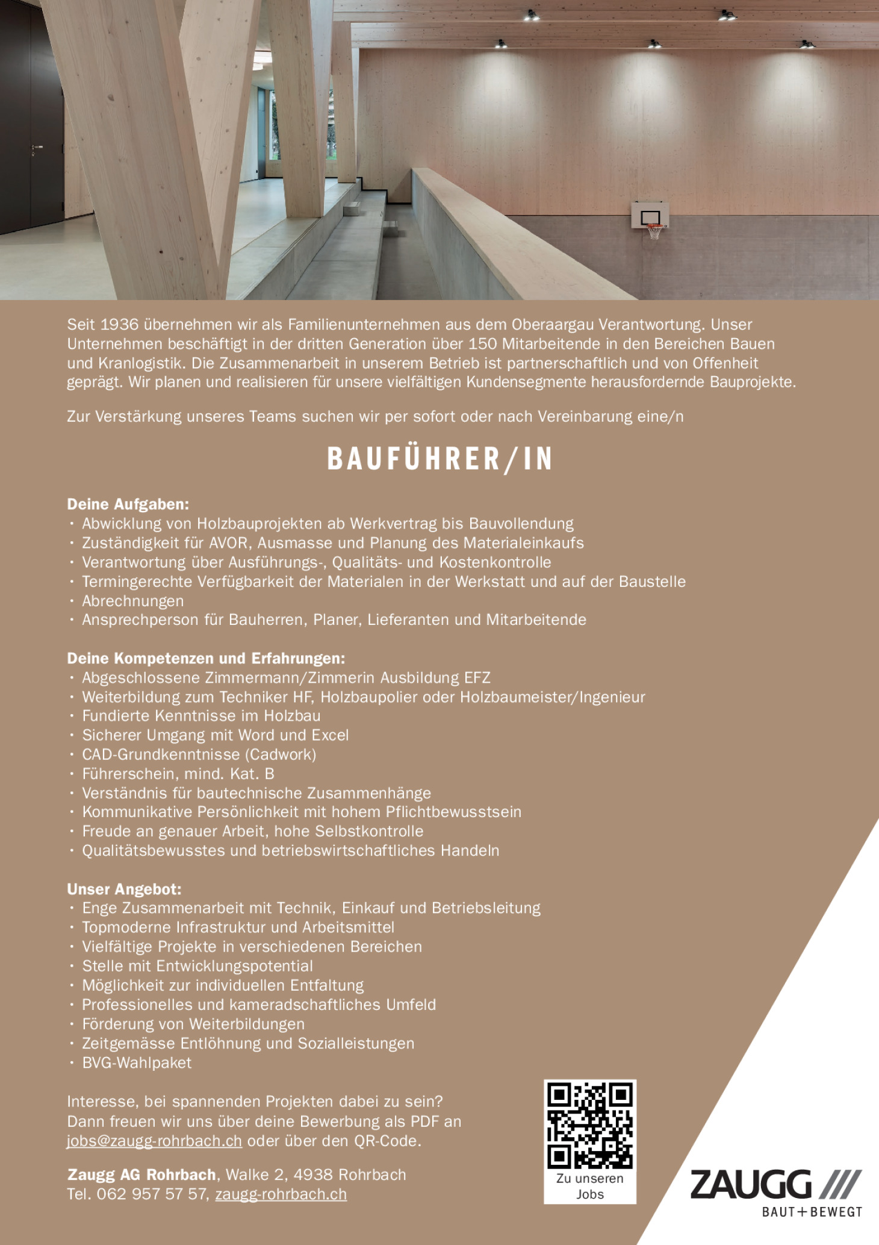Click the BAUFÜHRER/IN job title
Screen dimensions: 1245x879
click(x=440, y=459)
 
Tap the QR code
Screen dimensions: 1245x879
click(x=589, y=1126)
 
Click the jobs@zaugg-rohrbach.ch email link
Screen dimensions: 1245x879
click(x=155, y=1141)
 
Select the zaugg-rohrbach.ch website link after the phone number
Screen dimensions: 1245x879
click(x=281, y=1194)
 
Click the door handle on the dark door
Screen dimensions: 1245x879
click(x=37, y=147)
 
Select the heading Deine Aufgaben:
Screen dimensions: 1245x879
click(x=128, y=504)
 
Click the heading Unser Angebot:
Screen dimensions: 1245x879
click(x=124, y=889)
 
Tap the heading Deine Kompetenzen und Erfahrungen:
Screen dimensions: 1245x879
click(x=206, y=659)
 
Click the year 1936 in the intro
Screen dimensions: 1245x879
click(x=119, y=325)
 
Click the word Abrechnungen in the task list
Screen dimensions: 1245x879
click(x=133, y=601)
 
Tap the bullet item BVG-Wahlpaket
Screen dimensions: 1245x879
click(x=137, y=1063)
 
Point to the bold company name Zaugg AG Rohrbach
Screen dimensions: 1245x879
click(x=141, y=1175)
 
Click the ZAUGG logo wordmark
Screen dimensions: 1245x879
click(x=751, y=1185)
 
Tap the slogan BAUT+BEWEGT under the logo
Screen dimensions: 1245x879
click(x=812, y=1212)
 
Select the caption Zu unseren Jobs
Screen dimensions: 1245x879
click(x=589, y=1187)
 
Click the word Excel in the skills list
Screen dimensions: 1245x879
click(x=330, y=735)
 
